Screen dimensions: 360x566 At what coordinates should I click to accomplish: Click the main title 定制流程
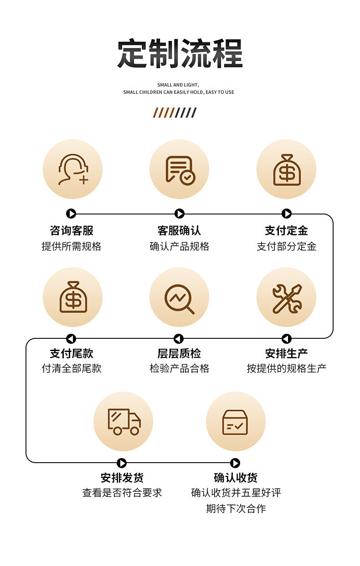180,54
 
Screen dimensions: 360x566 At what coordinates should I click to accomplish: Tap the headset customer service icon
73,169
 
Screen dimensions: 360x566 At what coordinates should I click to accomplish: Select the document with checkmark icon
180,169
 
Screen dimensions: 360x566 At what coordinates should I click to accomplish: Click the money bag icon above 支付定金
287,169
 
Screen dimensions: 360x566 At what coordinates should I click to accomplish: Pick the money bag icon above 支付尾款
73,297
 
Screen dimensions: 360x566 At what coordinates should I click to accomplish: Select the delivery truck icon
123,421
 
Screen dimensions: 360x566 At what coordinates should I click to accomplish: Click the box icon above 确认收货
235,421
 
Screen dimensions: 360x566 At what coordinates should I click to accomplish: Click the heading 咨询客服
72,230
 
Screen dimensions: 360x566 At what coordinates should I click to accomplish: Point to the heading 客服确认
179,230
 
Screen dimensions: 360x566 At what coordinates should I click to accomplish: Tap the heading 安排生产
286,353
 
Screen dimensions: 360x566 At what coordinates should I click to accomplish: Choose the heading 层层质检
179,353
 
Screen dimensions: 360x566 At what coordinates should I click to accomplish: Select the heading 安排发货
122,478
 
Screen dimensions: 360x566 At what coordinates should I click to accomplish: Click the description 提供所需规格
72,246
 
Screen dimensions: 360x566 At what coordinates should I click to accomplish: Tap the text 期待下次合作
236,508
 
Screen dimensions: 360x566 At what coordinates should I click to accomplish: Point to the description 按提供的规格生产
286,368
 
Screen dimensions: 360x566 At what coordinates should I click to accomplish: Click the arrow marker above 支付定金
287,214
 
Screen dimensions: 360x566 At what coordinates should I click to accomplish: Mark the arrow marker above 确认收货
235,463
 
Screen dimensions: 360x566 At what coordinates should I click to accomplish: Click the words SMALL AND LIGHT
178,85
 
